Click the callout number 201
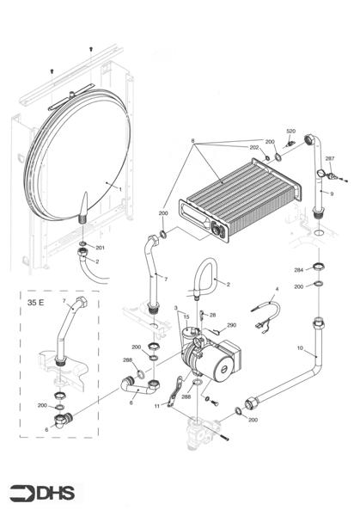(100, 248)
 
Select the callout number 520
(290, 131)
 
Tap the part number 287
(328, 159)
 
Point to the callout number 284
(298, 270)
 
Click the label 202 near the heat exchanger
(254, 148)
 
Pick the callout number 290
(231, 325)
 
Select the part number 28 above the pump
(213, 315)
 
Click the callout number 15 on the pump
(184, 316)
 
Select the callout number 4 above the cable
(277, 288)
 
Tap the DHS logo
(43, 492)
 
